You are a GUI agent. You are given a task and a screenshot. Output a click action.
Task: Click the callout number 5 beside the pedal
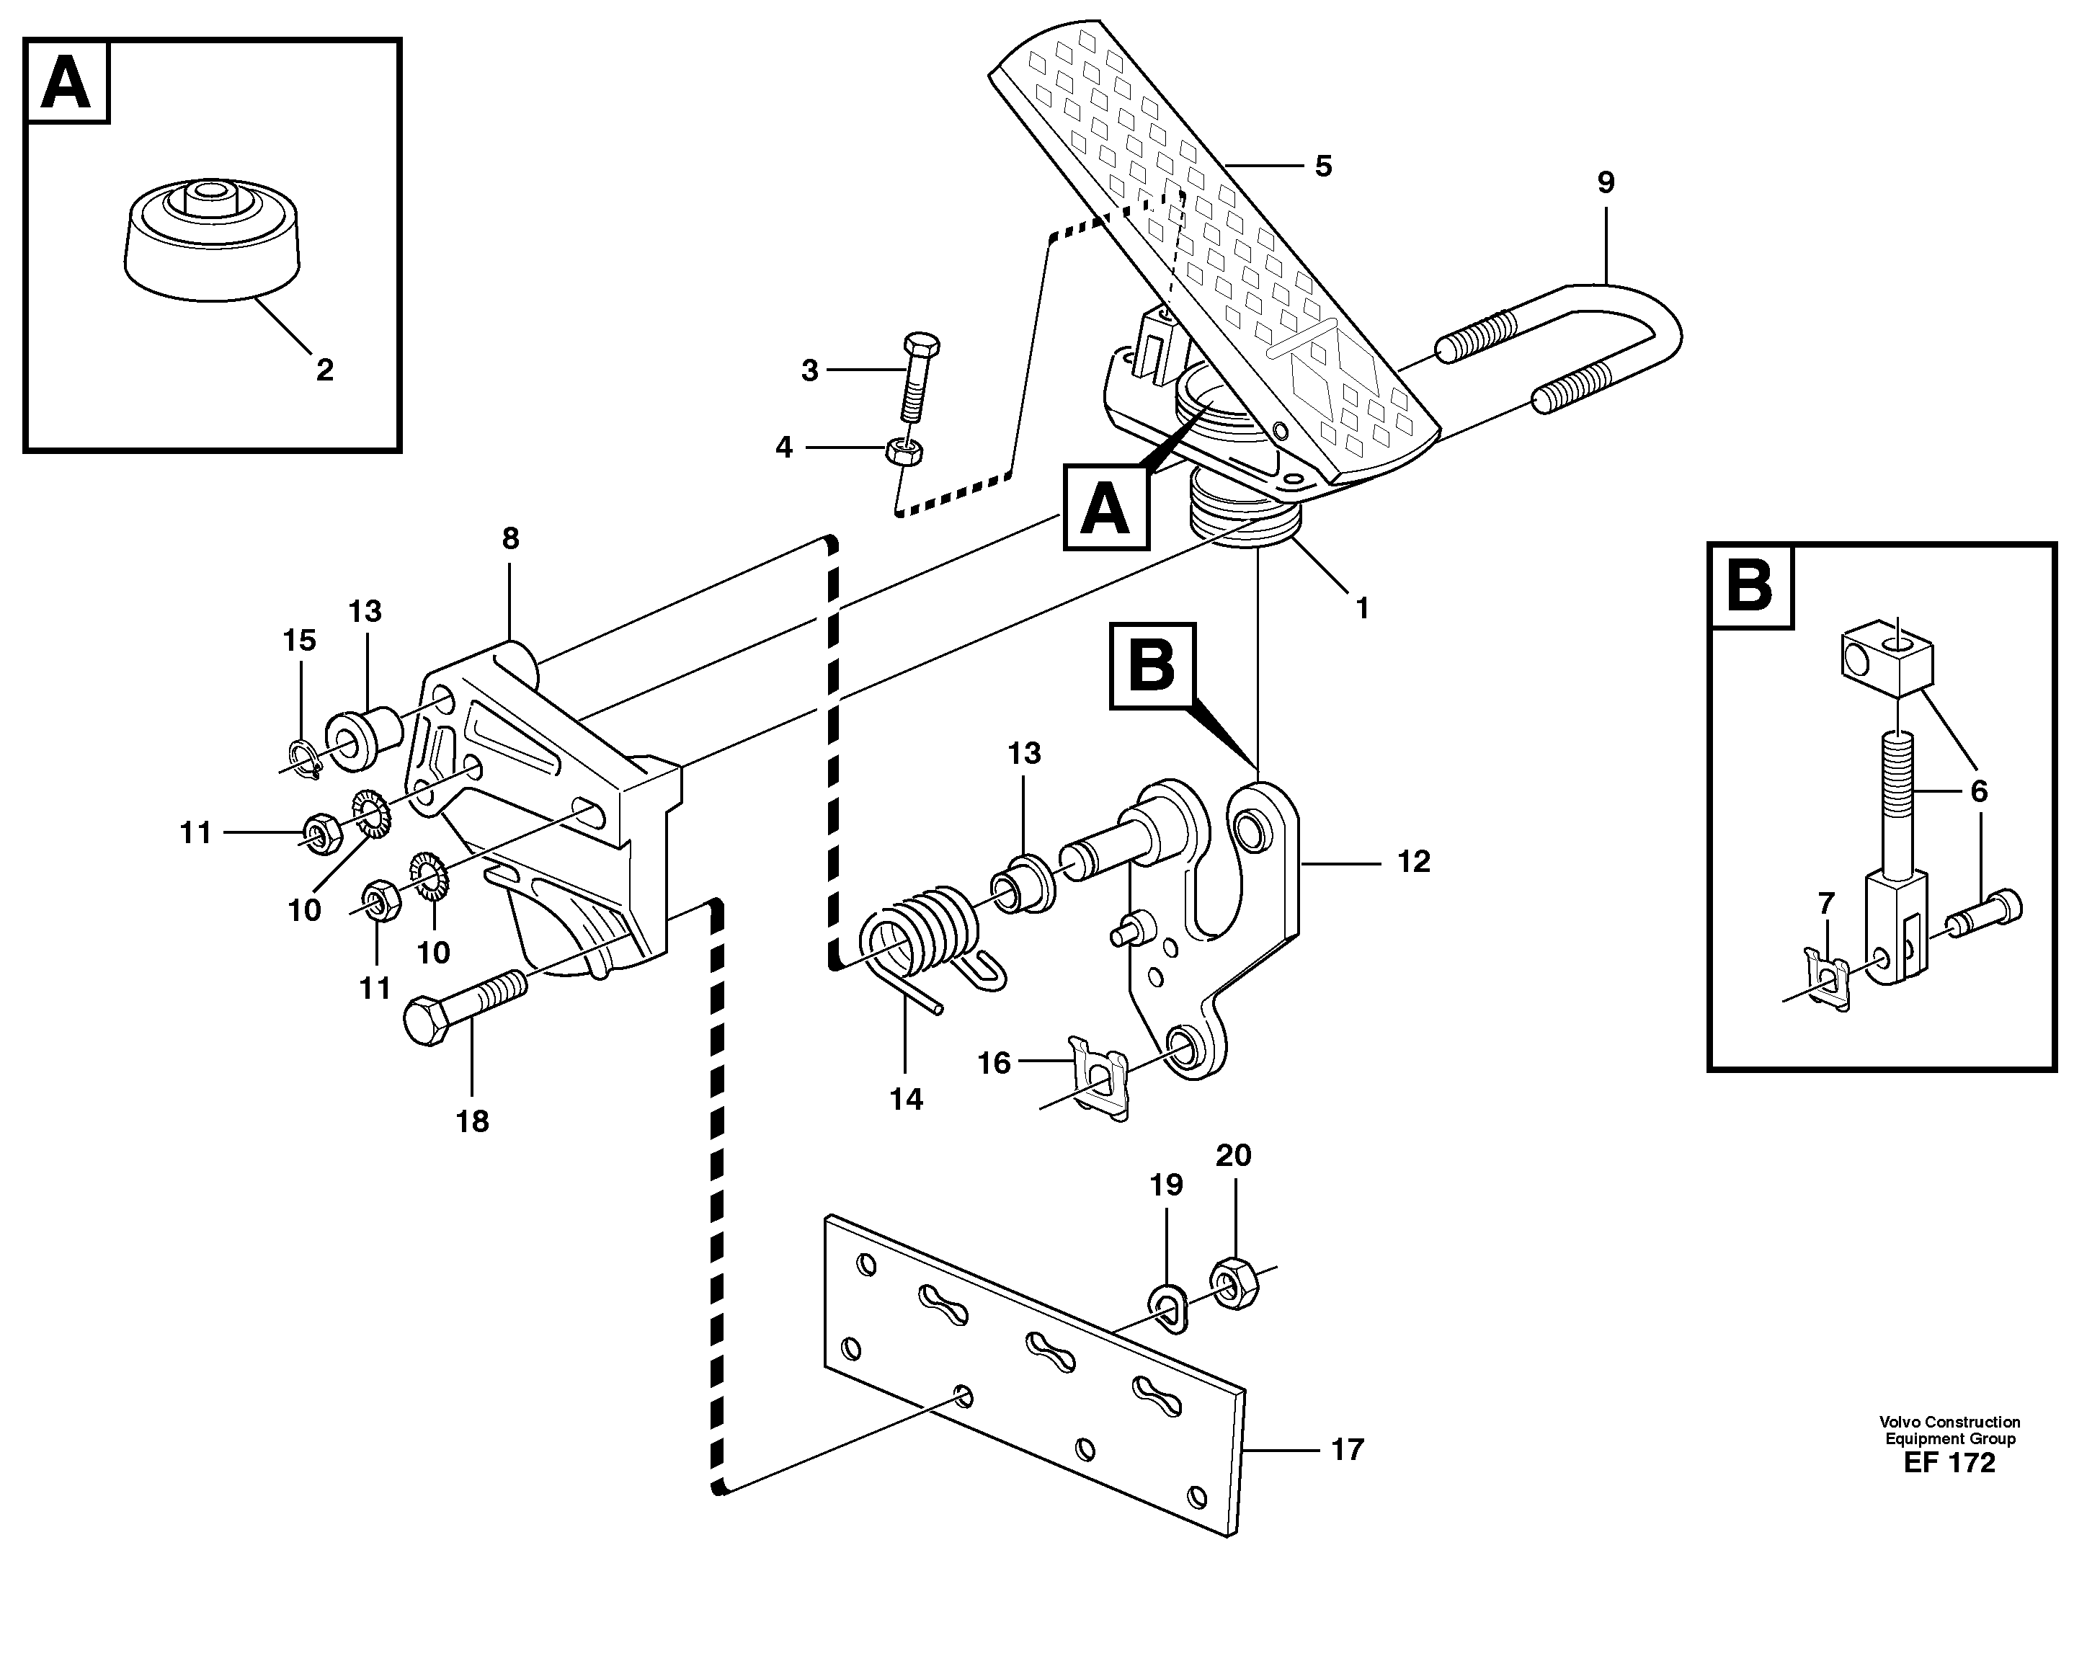pos(1323,166)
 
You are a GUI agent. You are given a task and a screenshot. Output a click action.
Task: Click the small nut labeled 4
pos(904,451)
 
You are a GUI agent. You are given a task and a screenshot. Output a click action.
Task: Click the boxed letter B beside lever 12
pos(1152,667)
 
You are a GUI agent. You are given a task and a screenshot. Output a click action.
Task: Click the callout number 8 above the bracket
pos(510,538)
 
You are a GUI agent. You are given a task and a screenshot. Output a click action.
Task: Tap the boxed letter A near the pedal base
pos(1105,507)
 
